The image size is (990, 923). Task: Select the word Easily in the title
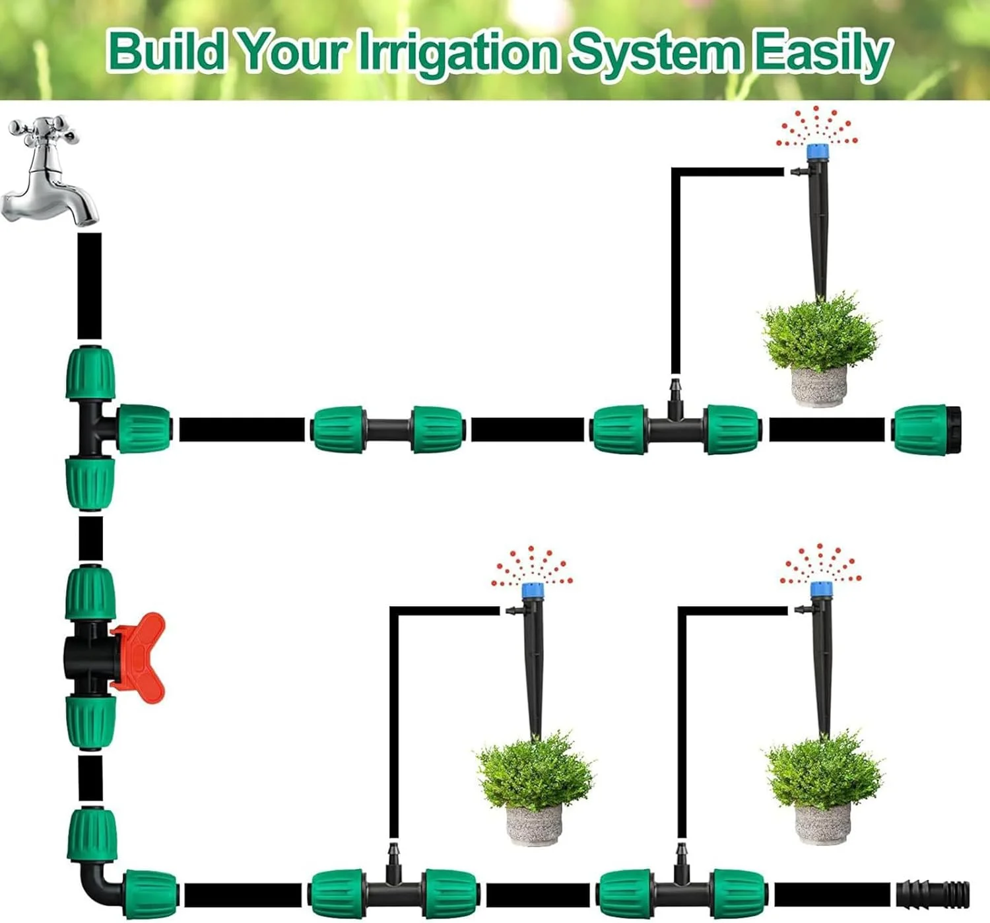[x=822, y=53]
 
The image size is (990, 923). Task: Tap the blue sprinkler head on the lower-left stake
[x=529, y=592]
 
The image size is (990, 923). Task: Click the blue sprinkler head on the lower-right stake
[x=820, y=590]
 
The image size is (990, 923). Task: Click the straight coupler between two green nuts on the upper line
[x=387, y=429]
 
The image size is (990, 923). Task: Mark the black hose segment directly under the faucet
[x=89, y=285]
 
